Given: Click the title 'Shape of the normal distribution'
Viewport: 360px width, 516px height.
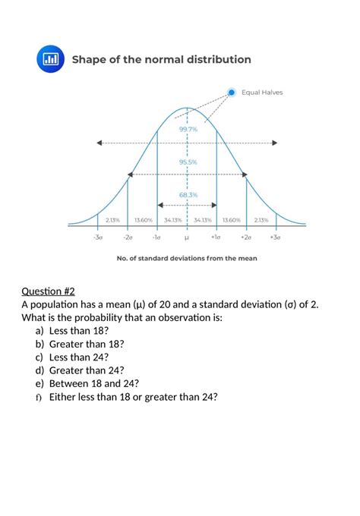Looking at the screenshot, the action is pyautogui.click(x=161, y=59).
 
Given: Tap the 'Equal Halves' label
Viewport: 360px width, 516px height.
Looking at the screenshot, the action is pyautogui.click(x=262, y=93).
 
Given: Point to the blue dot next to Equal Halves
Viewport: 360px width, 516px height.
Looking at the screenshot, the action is pyautogui.click(x=232, y=93).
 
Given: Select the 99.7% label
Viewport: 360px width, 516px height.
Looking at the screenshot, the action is pyautogui.click(x=188, y=129).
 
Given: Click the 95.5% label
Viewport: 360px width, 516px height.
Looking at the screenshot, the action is pyautogui.click(x=188, y=162).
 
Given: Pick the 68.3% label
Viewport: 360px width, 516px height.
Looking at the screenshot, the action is pyautogui.click(x=188, y=194).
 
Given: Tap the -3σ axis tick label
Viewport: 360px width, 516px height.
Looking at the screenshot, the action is pyautogui.click(x=97, y=237).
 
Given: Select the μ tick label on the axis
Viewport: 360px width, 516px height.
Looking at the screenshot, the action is pyautogui.click(x=187, y=237).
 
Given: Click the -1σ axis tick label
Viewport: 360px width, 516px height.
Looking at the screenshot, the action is pyautogui.click(x=156, y=237).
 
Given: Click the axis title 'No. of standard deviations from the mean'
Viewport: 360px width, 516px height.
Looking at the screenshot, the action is pyautogui.click(x=187, y=258).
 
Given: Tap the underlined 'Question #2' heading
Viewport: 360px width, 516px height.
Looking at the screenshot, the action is pyautogui.click(x=49, y=291).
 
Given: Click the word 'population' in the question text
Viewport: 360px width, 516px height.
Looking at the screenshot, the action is pyautogui.click(x=53, y=304).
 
